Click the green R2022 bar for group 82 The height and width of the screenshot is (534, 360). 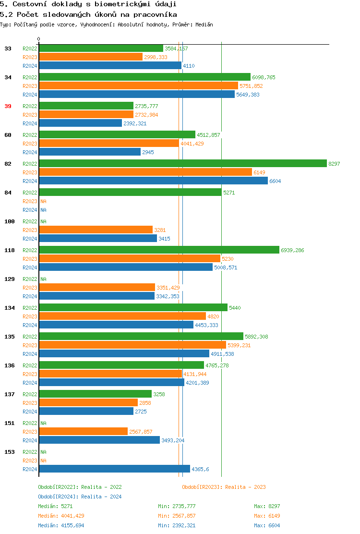click(x=182, y=164)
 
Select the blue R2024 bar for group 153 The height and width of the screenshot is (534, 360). click(x=114, y=469)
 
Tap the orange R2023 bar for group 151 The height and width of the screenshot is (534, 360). click(x=83, y=432)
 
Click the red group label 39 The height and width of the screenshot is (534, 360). click(x=8, y=106)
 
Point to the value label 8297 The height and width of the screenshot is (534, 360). click(x=334, y=164)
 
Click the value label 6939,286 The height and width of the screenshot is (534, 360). click(x=292, y=250)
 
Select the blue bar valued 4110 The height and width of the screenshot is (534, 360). click(x=110, y=66)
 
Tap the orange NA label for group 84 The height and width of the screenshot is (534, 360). click(x=43, y=201)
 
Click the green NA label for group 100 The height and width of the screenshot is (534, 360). click(x=43, y=221)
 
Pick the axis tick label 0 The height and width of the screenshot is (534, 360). click(x=39, y=39)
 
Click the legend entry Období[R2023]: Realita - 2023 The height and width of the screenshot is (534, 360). click(x=224, y=487)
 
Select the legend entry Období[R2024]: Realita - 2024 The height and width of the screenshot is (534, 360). click(x=80, y=497)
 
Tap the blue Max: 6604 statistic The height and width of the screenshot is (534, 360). click(x=267, y=525)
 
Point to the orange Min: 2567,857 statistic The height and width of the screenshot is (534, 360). click(x=177, y=516)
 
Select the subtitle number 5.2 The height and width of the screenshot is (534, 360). click(x=6, y=15)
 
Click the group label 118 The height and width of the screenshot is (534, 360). click(x=10, y=250)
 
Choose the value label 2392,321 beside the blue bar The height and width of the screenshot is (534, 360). click(x=135, y=123)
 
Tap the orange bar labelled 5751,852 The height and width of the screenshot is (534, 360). click(x=138, y=86)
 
